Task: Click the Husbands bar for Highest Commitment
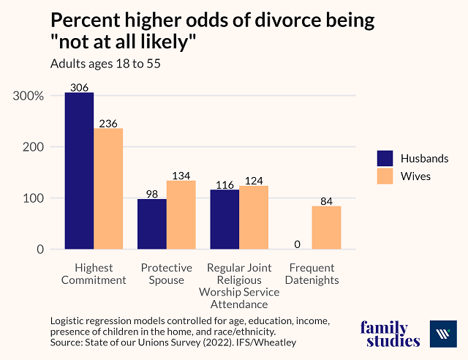point(79,171)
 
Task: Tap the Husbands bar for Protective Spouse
point(152,224)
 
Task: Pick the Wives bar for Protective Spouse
point(181,215)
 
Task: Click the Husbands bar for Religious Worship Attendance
point(224,220)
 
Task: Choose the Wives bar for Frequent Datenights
point(326,228)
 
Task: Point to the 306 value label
point(79,87)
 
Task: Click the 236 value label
point(108,123)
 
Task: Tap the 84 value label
point(326,200)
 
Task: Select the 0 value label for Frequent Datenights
point(298,244)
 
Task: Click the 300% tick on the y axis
point(29,96)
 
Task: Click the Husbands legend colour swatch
point(385,158)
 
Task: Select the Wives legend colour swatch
point(385,176)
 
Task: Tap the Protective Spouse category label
point(167,274)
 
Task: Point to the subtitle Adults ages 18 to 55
point(105,63)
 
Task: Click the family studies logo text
point(390,334)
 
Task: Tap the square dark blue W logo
point(443,334)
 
